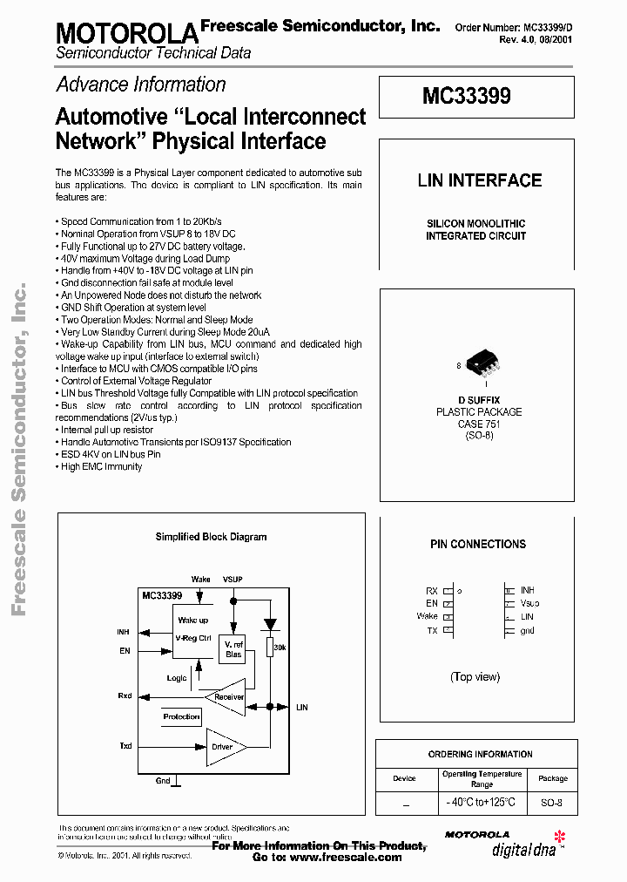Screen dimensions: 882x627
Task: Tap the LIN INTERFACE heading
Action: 480,181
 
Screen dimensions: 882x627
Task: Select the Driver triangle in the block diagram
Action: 225,747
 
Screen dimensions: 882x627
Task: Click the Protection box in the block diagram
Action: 181,716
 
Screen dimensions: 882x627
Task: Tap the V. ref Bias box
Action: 233,649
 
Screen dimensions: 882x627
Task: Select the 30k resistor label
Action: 280,648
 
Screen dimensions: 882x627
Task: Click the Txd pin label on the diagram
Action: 125,746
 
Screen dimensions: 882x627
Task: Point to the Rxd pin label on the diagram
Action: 125,696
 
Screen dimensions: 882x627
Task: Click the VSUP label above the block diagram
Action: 233,579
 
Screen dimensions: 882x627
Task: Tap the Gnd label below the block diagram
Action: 163,780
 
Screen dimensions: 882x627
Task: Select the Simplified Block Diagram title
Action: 211,537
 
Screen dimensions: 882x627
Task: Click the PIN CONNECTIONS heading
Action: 478,545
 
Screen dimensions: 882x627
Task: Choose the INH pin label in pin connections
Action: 527,590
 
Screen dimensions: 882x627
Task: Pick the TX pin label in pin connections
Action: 432,630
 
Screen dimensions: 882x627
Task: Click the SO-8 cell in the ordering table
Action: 552,803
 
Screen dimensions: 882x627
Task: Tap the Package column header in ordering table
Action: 552,778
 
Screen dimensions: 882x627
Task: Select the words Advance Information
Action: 141,85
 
